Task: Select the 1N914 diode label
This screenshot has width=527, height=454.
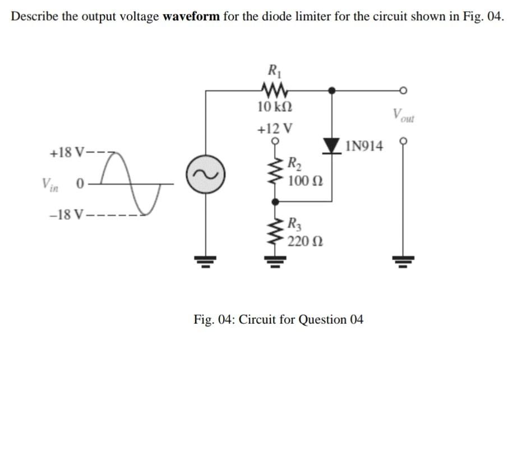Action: pos(365,147)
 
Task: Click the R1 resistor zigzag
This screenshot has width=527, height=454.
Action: pos(274,89)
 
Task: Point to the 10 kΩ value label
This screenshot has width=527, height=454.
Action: pos(275,107)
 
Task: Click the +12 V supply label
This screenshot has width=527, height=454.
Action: pos(275,128)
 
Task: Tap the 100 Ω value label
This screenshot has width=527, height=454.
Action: pos(303,181)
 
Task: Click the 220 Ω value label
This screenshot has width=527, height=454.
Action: pos(303,242)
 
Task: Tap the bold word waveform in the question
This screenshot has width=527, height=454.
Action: pos(191,16)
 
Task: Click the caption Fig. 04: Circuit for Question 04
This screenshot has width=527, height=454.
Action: pos(278,320)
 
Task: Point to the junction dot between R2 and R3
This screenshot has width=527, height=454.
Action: pos(275,200)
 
